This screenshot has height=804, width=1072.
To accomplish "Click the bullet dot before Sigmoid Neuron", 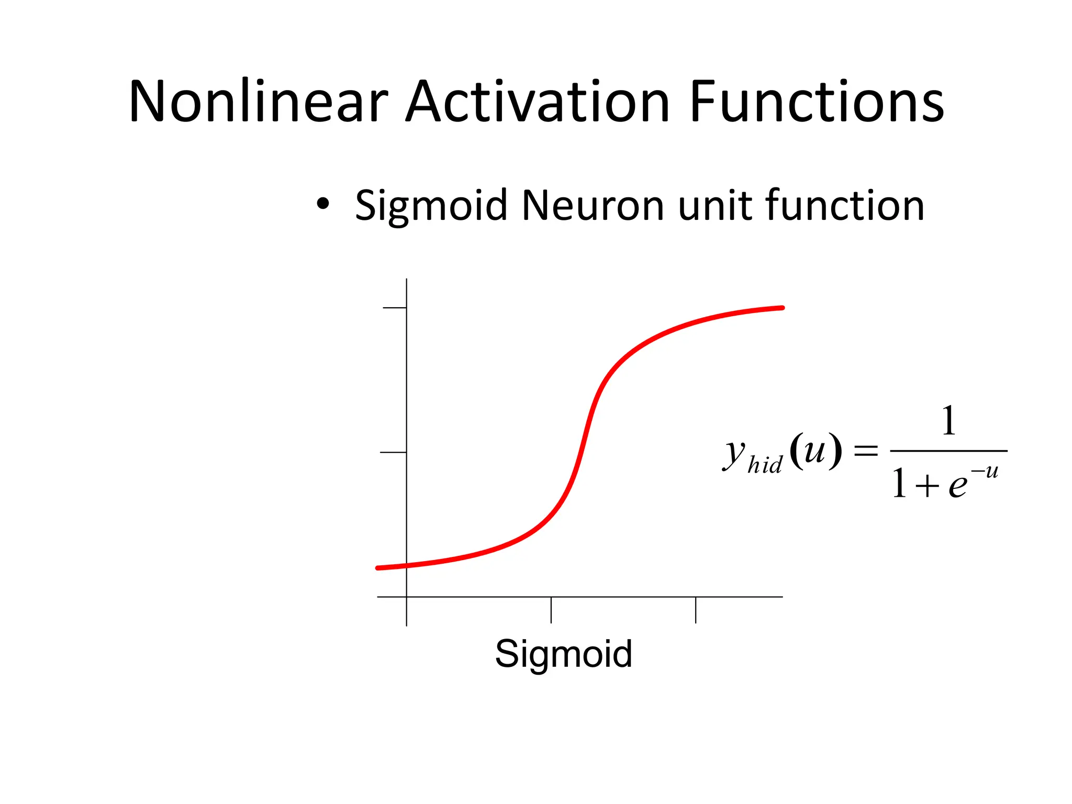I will (x=323, y=204).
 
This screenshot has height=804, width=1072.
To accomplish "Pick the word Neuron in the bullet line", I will (x=593, y=205).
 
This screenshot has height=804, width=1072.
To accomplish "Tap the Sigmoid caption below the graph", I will (x=564, y=654).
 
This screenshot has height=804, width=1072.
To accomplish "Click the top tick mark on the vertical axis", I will (x=395, y=308).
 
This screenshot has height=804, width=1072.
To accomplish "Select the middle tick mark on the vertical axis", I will (x=393, y=452).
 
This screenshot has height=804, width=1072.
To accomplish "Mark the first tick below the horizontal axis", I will (x=551, y=610).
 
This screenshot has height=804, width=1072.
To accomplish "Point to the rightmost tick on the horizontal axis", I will (x=696, y=610).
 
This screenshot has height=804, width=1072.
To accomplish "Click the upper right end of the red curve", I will (x=781, y=308).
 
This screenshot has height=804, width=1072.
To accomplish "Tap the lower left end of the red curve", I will (x=378, y=568).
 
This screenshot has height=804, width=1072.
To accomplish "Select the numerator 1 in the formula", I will (x=948, y=421).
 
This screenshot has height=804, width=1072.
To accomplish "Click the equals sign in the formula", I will (x=866, y=451).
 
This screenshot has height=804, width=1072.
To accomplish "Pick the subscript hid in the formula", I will (x=765, y=464).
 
